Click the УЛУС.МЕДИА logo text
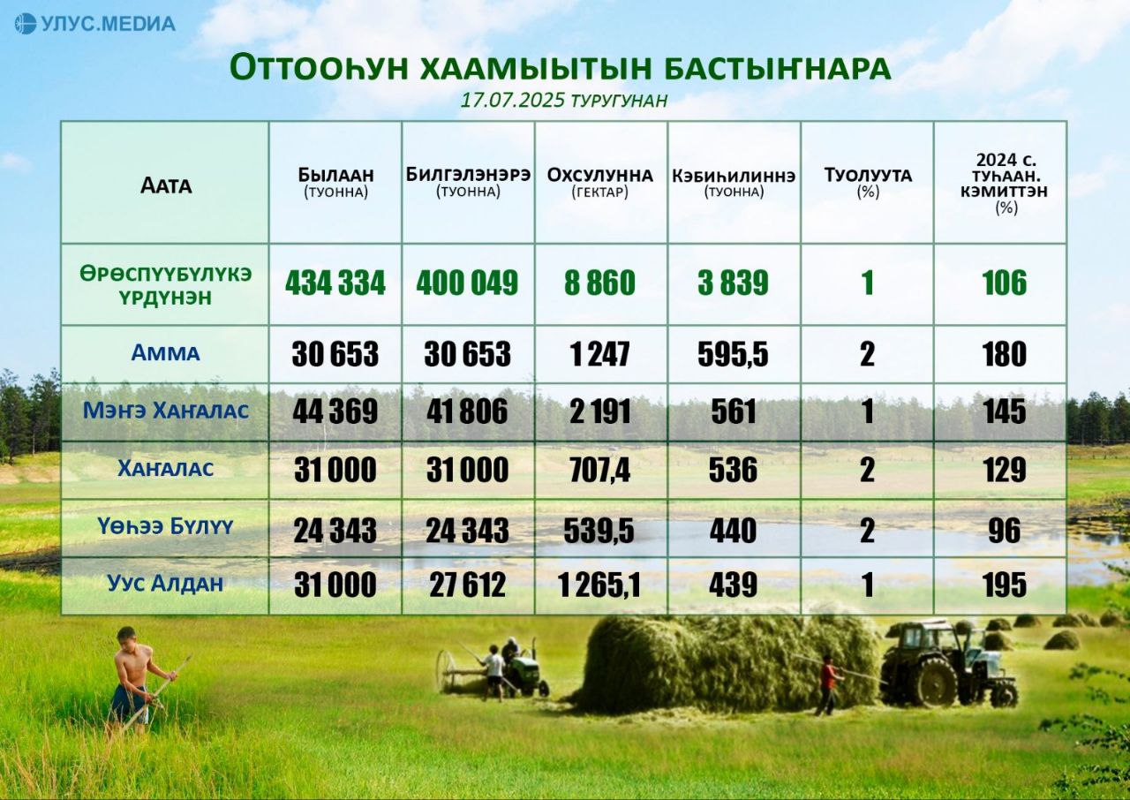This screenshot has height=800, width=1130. (108, 24)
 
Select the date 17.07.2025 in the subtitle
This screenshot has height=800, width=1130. (512, 100)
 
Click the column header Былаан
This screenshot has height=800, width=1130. (335, 175)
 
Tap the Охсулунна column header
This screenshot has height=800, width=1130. (599, 175)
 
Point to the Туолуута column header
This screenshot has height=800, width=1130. (868, 175)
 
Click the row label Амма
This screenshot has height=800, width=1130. (165, 353)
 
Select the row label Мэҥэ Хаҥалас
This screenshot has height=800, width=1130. (165, 411)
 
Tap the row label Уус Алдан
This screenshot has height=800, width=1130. (165, 584)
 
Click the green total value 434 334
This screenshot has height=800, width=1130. (335, 283)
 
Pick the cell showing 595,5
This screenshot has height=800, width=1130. (733, 354)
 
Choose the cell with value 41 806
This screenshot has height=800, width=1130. (467, 411)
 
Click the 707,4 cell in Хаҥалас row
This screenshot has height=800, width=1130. (599, 470)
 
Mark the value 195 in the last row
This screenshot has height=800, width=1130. (1005, 585)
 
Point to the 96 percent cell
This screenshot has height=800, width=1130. (1005, 531)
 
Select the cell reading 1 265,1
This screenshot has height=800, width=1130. (599, 585)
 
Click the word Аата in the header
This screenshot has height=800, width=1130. (166, 185)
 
